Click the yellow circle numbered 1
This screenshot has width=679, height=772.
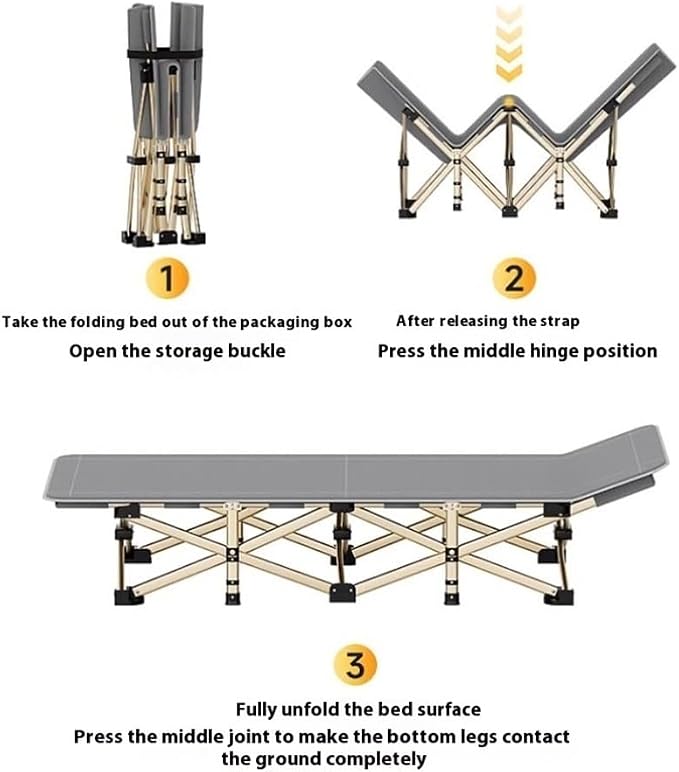167,279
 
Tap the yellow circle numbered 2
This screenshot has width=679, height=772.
514,278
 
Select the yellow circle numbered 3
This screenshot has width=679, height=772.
356,666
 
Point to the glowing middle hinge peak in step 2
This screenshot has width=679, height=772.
509,103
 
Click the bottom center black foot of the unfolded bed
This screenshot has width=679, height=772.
342,592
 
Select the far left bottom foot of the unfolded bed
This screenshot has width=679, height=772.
129,597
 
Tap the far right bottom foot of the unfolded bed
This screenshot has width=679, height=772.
559,596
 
